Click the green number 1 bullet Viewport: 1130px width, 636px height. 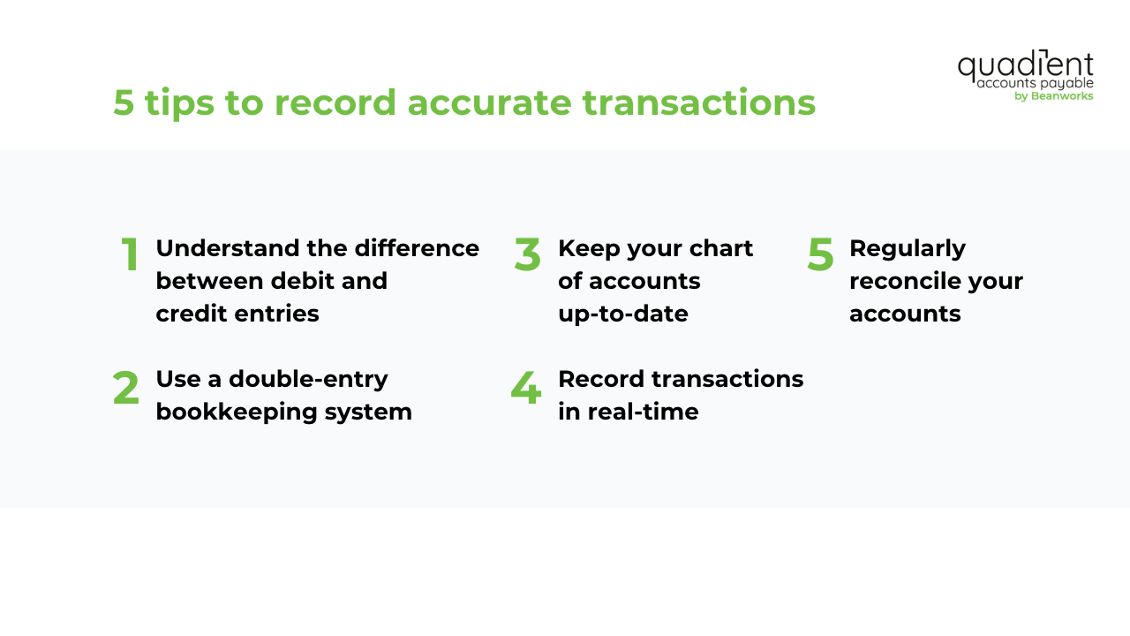click(x=130, y=255)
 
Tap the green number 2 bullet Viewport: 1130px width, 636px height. click(x=126, y=388)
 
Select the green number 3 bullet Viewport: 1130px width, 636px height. click(x=527, y=255)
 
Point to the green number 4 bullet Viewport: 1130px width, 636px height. click(x=525, y=388)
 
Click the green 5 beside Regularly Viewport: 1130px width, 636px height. click(x=820, y=255)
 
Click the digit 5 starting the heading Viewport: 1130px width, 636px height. click(x=124, y=103)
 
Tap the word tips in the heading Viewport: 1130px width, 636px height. click(x=179, y=103)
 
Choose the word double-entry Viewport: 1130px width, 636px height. click(x=308, y=379)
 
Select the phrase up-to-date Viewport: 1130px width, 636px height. click(x=622, y=314)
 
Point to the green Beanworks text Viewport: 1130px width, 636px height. click(x=1062, y=96)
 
